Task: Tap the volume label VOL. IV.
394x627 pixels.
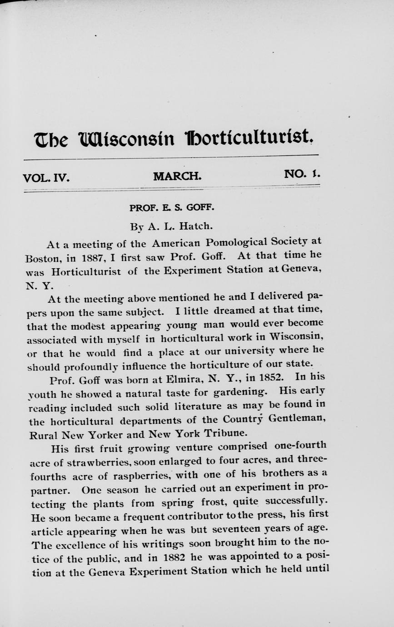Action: [x=46, y=177]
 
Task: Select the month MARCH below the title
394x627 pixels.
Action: [x=177, y=176]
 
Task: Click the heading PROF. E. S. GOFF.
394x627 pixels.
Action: [x=172, y=208]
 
